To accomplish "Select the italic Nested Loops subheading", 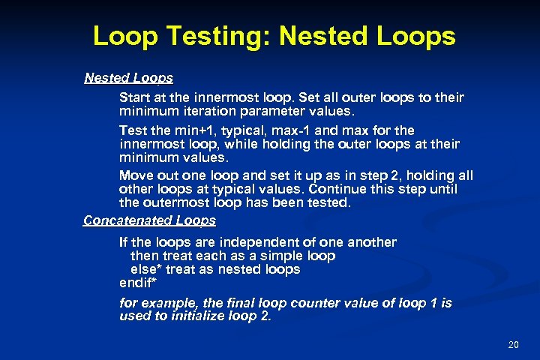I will [x=128, y=77].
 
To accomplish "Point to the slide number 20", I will [x=514, y=344].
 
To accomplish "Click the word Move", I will [x=136, y=175].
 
